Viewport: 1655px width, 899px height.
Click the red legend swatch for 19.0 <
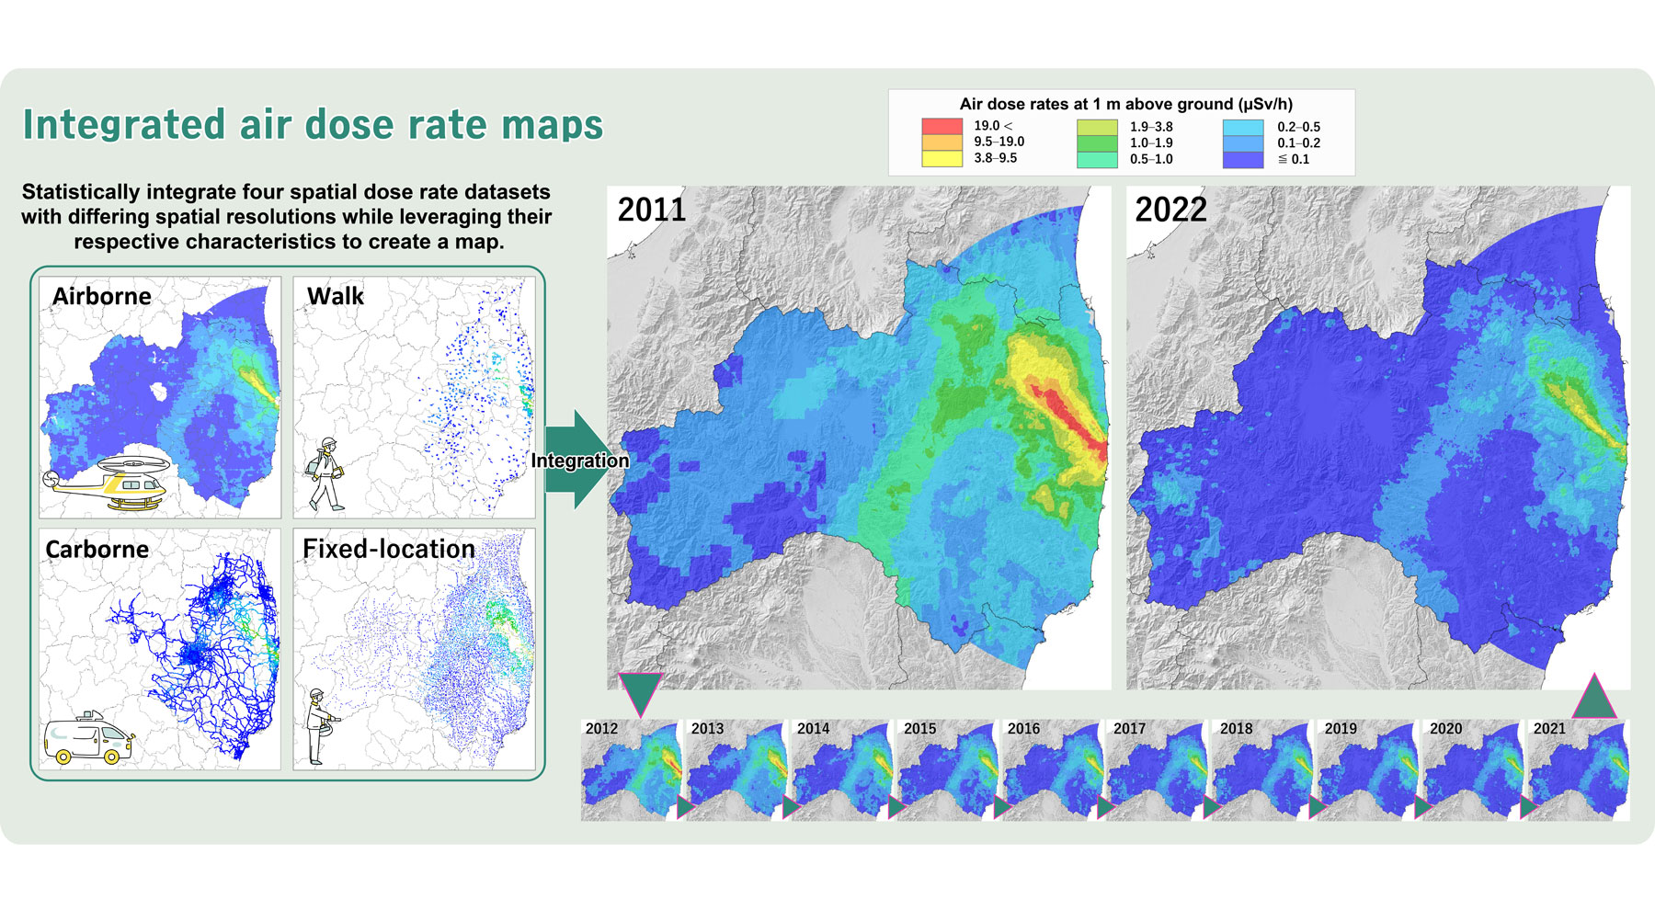942,127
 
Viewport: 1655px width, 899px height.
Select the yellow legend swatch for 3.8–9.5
942,158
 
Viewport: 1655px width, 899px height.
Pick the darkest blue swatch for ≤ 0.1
1243,159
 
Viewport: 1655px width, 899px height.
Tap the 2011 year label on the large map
652,210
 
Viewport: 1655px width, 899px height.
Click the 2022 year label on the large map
1170,210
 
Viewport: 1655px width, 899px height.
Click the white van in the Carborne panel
88,739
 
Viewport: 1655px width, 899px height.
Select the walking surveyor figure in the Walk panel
325,473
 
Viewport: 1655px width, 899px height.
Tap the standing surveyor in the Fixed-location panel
318,726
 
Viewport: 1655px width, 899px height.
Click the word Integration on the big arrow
580,461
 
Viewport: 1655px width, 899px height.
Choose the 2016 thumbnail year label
1023,728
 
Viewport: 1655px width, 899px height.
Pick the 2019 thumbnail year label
1341,728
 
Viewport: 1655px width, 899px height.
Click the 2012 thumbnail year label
601,728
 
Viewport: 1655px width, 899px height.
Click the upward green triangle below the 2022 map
1594,699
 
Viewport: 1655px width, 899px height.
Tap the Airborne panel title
102,296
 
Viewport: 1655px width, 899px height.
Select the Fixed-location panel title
389,549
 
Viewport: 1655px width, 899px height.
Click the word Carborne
97,549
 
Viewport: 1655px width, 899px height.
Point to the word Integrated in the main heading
124,125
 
